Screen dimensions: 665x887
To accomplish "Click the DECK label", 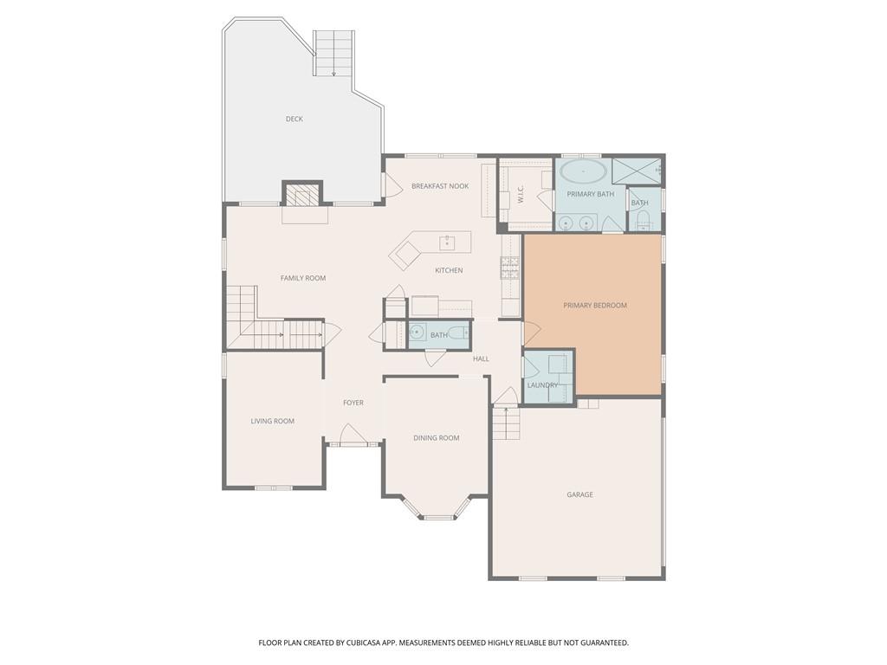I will (295, 119).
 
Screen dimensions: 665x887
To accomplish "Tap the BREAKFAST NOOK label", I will (440, 186).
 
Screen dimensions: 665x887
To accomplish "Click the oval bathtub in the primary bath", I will (584, 171).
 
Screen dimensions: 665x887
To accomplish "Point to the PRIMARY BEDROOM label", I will (594, 306).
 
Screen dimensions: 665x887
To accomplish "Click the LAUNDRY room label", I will (542, 385).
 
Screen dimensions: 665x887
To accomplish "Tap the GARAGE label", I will (579, 494).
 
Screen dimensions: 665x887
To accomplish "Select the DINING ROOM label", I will (436, 438).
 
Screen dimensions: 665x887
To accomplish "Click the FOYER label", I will (353, 403).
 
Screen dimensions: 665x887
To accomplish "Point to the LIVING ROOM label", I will (272, 421).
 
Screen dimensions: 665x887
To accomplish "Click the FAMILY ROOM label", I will (302, 278).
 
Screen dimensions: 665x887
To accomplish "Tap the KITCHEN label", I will (449, 271).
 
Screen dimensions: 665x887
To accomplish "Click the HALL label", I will (481, 358).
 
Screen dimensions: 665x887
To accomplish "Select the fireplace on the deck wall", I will (302, 196).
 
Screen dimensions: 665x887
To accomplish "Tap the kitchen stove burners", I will (509, 268).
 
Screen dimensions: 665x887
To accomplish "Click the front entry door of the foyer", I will (353, 436).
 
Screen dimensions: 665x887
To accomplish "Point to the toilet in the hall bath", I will (456, 333).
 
